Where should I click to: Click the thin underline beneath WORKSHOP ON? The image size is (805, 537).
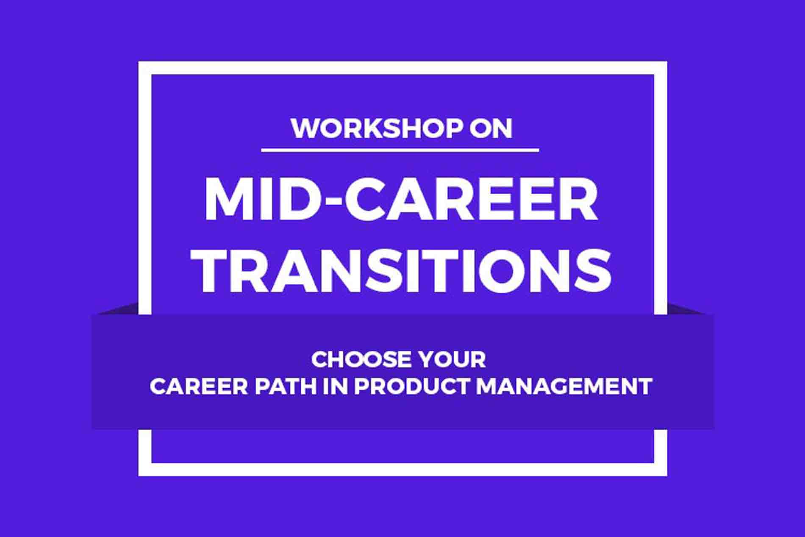pyautogui.click(x=400, y=150)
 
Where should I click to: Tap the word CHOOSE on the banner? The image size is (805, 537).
pyautogui.click(x=360, y=360)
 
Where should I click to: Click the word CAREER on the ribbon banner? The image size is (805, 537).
pyautogui.click(x=199, y=387)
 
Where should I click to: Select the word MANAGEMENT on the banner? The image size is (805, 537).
pyautogui.click(x=564, y=387)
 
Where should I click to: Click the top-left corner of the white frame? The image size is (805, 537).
pyautogui.click(x=139, y=62)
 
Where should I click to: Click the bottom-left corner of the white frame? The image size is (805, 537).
pyautogui.click(x=139, y=475)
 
